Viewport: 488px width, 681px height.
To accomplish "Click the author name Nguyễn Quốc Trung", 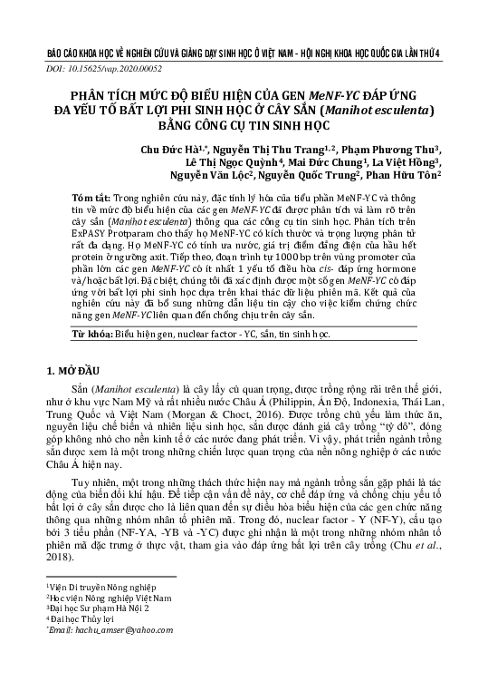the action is tap(311, 179).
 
